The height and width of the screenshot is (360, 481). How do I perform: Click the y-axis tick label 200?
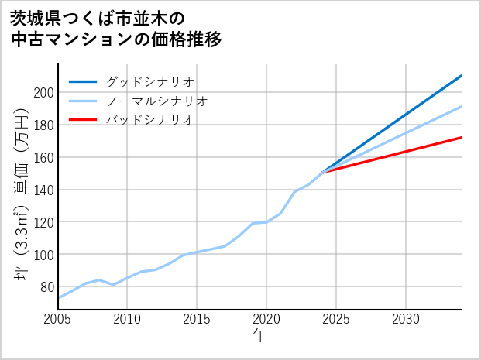tap(44, 92)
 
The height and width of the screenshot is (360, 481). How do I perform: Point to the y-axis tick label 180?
tap(44, 125)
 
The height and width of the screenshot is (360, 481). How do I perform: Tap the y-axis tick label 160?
tap(44, 157)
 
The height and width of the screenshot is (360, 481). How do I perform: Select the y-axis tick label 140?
tap(44, 190)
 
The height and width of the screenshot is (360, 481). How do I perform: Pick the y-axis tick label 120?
tap(44, 222)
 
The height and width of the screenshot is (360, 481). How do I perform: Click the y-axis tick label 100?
tap(44, 255)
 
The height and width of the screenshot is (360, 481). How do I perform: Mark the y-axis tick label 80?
tap(47, 287)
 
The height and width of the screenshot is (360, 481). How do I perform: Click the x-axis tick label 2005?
tap(58, 320)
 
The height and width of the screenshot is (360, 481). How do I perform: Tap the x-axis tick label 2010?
tap(128, 320)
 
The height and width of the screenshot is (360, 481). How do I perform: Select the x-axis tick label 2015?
tap(198, 320)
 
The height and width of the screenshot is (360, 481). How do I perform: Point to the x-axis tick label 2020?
tap(266, 320)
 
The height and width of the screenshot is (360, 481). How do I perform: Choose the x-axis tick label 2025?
tap(336, 320)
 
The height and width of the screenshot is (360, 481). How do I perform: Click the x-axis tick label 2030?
tap(406, 320)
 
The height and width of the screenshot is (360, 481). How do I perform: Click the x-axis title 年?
tap(260, 336)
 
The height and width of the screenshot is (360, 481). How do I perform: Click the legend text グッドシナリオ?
tap(149, 81)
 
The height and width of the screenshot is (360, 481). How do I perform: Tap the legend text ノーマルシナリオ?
tap(156, 101)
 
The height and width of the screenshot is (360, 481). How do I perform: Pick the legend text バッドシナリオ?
tap(149, 120)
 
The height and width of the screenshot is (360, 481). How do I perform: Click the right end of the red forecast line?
tap(461, 138)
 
